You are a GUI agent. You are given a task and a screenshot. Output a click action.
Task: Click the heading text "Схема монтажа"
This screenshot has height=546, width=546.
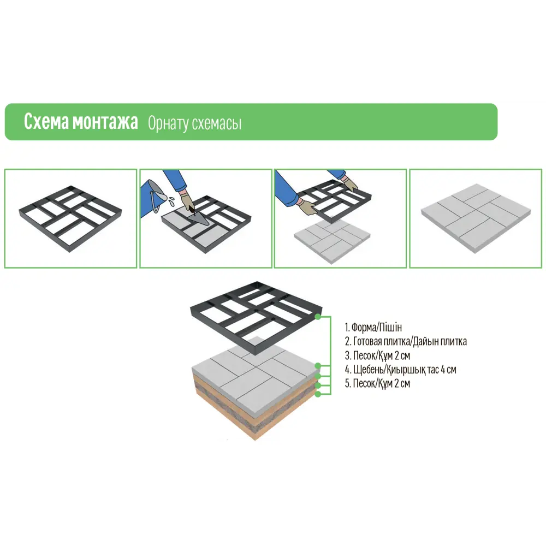point(81,122)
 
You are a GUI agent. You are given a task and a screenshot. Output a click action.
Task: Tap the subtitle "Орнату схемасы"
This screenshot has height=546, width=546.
point(195,123)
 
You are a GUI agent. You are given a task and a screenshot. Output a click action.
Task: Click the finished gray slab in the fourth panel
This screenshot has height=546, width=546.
point(476,218)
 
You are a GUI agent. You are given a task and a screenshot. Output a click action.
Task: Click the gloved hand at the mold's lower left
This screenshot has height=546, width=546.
point(307,207)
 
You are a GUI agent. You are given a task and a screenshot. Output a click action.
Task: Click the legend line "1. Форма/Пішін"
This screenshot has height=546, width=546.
point(373,327)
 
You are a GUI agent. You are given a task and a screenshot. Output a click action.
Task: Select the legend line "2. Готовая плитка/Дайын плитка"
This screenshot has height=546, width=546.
point(406,341)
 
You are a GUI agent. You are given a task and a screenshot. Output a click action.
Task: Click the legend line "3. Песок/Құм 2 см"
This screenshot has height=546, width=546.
point(377,355)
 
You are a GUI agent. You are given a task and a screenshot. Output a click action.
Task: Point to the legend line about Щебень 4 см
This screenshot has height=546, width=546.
point(400,370)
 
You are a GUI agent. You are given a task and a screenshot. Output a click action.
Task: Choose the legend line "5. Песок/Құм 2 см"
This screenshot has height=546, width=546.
point(377,383)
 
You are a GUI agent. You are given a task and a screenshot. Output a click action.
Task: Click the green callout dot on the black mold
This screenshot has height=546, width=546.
point(318,317)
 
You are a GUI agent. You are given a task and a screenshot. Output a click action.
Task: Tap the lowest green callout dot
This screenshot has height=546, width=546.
point(318,394)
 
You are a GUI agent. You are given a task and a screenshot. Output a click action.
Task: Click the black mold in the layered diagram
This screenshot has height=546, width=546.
point(257,318)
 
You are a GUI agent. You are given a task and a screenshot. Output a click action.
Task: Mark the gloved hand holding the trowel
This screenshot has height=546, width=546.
point(188,201)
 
